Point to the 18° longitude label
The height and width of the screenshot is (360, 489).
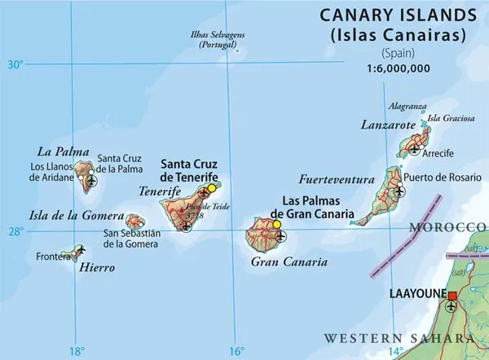[76, 351]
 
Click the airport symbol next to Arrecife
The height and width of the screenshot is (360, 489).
[416, 149]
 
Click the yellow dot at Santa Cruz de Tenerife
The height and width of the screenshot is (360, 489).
[212, 187]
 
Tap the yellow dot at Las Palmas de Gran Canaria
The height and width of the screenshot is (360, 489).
[276, 225]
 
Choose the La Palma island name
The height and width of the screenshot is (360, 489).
[56, 151]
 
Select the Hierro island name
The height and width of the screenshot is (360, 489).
[97, 267]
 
